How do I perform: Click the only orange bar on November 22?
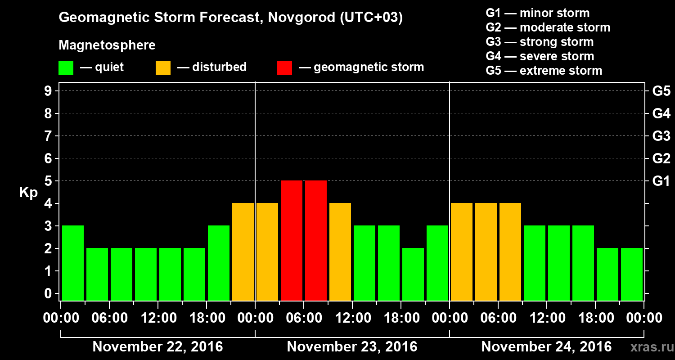click(x=243, y=252)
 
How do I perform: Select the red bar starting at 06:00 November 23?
click(x=316, y=240)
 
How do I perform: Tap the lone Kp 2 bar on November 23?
click(x=413, y=274)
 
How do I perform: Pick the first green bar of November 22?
click(x=73, y=263)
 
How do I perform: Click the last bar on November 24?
click(x=632, y=274)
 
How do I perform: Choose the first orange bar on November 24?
click(x=462, y=252)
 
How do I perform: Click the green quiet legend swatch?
click(x=66, y=68)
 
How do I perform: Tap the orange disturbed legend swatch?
click(x=163, y=68)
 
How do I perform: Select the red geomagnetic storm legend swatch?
click(x=284, y=68)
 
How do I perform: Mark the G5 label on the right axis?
click(x=661, y=91)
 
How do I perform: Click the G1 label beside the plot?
click(x=661, y=181)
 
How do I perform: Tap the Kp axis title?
click(x=28, y=193)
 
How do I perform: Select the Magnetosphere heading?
click(x=107, y=45)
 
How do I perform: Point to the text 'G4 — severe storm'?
click(x=540, y=56)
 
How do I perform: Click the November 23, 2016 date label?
click(x=352, y=347)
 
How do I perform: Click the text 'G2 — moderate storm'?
click(x=548, y=27)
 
